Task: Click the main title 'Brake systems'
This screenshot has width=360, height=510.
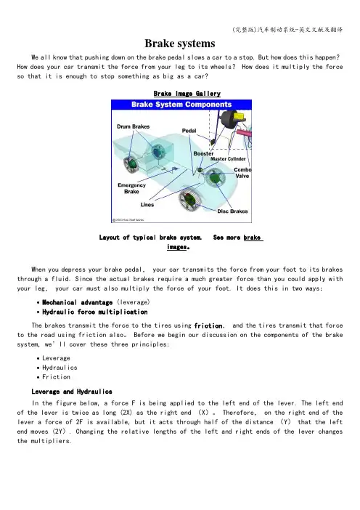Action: pyautogui.click(x=180, y=44)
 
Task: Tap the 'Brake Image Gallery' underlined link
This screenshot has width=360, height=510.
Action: pyautogui.click(x=187, y=94)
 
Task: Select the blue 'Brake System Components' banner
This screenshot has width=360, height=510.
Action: pyautogui.click(x=181, y=105)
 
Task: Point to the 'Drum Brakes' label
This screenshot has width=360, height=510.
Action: pyautogui.click(x=134, y=126)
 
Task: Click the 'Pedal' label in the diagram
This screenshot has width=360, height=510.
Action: pyautogui.click(x=189, y=131)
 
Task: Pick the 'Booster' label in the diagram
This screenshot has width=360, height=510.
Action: pyautogui.click(x=203, y=153)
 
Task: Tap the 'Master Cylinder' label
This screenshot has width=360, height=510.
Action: pyautogui.click(x=228, y=159)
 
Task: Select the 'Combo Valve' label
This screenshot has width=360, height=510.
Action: pyautogui.click(x=242, y=173)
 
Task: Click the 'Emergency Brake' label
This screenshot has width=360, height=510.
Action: pyautogui.click(x=131, y=188)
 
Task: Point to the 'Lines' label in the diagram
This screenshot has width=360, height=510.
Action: pyautogui.click(x=147, y=205)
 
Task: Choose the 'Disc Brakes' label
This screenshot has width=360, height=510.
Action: pyautogui.click(x=232, y=211)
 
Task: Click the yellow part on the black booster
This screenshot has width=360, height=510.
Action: pyautogui.click(x=240, y=116)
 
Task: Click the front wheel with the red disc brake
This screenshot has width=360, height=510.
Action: pyautogui.click(x=189, y=199)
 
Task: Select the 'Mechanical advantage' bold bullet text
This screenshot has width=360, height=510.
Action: pyautogui.click(x=78, y=302)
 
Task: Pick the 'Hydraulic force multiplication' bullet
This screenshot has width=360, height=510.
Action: pyautogui.click(x=95, y=312)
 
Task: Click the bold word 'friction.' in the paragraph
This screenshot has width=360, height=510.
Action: pyautogui.click(x=209, y=325)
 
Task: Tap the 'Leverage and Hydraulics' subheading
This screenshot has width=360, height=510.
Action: pyautogui.click(x=72, y=392)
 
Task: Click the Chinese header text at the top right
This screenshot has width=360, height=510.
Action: pyautogui.click(x=287, y=30)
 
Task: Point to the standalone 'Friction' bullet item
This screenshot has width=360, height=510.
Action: pyautogui.click(x=56, y=377)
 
